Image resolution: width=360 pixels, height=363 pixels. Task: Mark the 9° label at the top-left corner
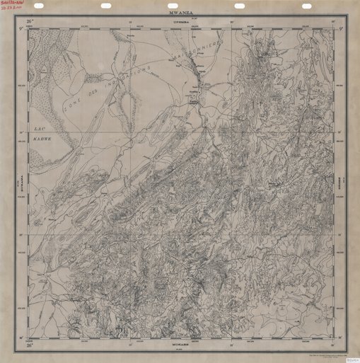23,29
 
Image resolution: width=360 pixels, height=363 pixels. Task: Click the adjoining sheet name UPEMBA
181,23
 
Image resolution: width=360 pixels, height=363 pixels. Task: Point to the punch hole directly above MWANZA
171,5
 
